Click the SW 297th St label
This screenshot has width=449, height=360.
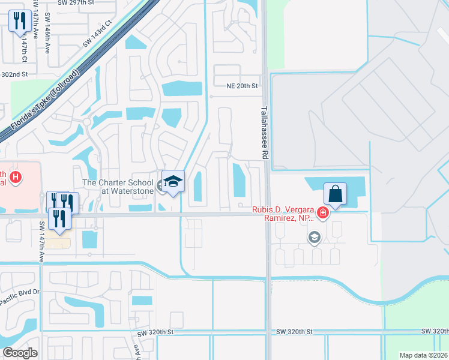coord(58,2)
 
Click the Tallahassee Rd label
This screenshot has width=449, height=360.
coord(264,133)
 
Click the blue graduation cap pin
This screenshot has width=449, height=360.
coord(173,182)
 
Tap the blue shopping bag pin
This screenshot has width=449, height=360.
coord(335,194)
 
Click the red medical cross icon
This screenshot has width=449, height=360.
coord(323,212)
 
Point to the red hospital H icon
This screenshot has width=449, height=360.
coord(16,178)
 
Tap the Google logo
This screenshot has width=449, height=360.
coord(20,353)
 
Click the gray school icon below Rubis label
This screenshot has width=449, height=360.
coord(313,238)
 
